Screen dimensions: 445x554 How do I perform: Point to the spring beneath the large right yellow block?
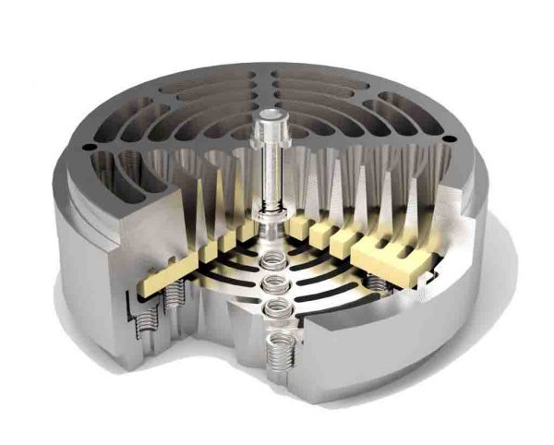pyautogui.click(x=376, y=280)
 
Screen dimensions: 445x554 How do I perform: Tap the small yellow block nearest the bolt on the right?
pyautogui.click(x=297, y=223)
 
